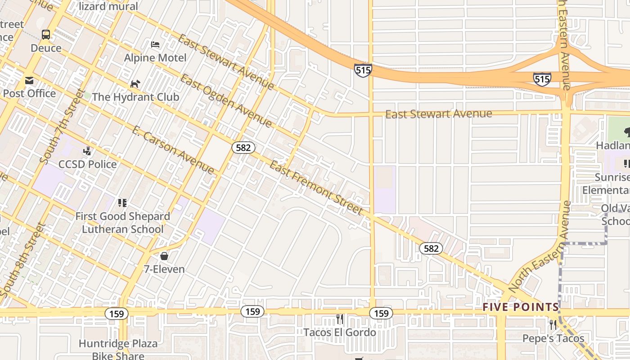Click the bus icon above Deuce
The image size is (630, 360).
(46, 34)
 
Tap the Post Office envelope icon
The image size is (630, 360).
(29, 81)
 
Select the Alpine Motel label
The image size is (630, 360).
(155, 58)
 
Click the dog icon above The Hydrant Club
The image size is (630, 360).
(135, 84)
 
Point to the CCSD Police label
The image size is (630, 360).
(87, 164)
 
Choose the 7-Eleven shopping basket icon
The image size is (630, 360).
(164, 256)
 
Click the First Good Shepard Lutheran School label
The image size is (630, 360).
(122, 223)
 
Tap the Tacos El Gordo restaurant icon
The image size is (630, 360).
(340, 319)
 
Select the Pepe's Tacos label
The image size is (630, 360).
(553, 338)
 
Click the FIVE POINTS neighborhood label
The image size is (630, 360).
(520, 307)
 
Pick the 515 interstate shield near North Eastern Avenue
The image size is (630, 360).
(542, 79)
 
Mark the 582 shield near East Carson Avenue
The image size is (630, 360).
(244, 147)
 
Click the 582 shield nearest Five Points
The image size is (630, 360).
(431, 248)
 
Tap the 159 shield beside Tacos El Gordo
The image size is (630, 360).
(381, 313)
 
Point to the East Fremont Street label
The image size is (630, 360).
(315, 188)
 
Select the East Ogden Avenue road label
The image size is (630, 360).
(226, 101)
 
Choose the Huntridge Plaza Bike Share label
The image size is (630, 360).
(118, 350)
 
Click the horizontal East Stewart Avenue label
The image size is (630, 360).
(438, 114)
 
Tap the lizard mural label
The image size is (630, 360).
(108, 6)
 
